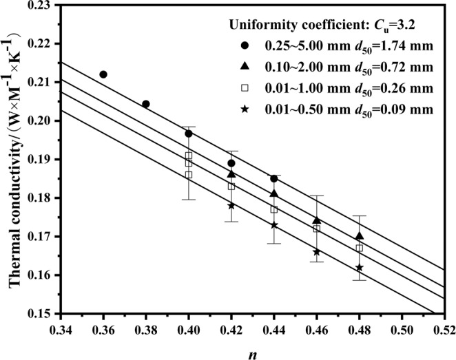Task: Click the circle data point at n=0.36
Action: click(103, 74)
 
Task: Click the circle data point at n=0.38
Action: click(146, 104)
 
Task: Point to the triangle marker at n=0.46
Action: click(317, 220)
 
